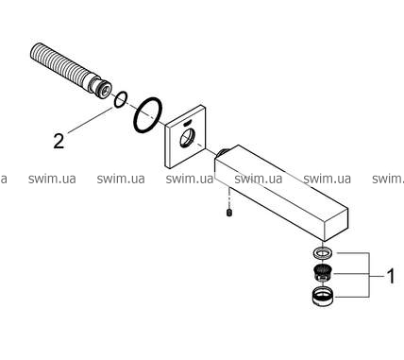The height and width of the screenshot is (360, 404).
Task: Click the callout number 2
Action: [x=59, y=141]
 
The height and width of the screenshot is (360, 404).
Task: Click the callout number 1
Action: [x=391, y=276]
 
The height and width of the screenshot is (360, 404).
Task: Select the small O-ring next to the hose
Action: [x=120, y=99]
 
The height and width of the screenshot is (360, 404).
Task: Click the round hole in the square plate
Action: [x=187, y=138]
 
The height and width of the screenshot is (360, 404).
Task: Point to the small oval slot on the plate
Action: [x=188, y=123]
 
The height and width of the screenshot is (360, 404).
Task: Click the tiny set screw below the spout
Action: [x=229, y=213]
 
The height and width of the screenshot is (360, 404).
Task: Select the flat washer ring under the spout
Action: [x=322, y=253]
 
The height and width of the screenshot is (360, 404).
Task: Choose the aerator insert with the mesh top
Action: [x=322, y=273]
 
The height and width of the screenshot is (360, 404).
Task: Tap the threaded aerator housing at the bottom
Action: [x=322, y=296]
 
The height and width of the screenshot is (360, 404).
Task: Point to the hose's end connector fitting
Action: [x=99, y=88]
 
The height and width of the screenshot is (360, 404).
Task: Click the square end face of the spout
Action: [x=335, y=224]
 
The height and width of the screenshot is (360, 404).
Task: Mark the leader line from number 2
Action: [x=90, y=120]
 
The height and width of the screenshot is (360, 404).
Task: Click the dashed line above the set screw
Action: [x=229, y=199]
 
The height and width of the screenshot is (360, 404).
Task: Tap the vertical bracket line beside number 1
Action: [x=368, y=275]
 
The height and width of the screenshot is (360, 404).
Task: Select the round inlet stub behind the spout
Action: [x=222, y=153]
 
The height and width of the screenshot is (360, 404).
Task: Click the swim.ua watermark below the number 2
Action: [x=52, y=179]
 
